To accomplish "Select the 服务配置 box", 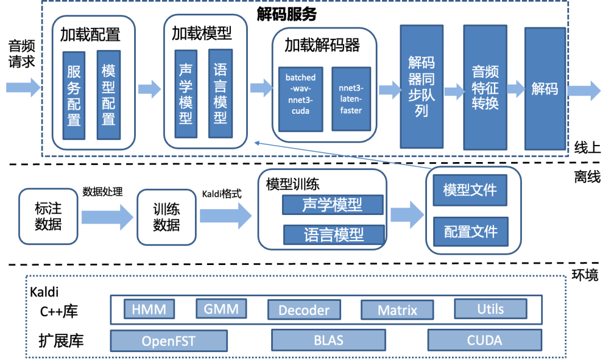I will pyautogui.click(x=74, y=95).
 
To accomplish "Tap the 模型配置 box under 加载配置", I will pyautogui.click(x=108, y=95).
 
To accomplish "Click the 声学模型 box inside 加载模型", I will pyautogui.click(x=186, y=94).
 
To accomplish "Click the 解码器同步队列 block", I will pyautogui.click(x=421, y=86).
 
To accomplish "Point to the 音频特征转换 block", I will pyautogui.click(x=484, y=86).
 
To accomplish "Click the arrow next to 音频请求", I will pyautogui.click(x=23, y=87).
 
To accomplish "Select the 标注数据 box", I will pyautogui.click(x=48, y=217).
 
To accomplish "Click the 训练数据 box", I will pyautogui.click(x=166, y=217).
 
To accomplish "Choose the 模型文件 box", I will pyautogui.click(x=470, y=189).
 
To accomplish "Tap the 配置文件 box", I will pyautogui.click(x=470, y=231).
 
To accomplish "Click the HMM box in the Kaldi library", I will pyautogui.click(x=149, y=309).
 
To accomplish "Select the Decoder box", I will pyautogui.click(x=304, y=310).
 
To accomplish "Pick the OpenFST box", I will pyautogui.click(x=168, y=341).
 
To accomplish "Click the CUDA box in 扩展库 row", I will pyautogui.click(x=484, y=340).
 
